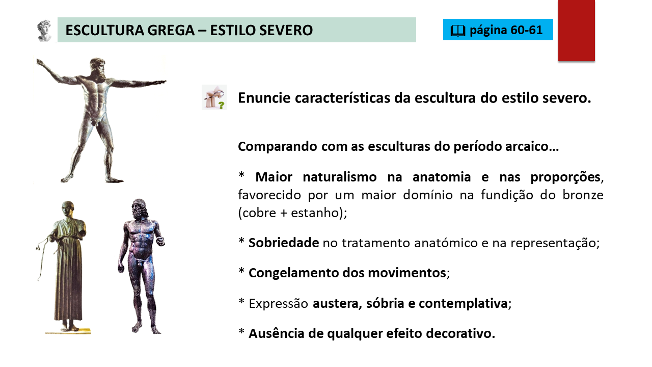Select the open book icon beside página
tap(458, 31)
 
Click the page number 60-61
tap(526, 30)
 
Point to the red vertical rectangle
tap(576, 30)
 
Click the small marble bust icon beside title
tap(44, 30)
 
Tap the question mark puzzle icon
tap(214, 97)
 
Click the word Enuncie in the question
tap(264, 98)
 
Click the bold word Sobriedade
tap(284, 243)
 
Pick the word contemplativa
tap(464, 303)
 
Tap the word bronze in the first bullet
tap(583, 195)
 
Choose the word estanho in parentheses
tap(315, 213)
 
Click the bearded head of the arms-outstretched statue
tap(98, 67)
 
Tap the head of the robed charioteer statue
tap(68, 209)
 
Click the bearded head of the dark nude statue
tap(140, 209)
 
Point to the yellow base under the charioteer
tap(68, 331)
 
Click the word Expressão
tap(278, 304)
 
